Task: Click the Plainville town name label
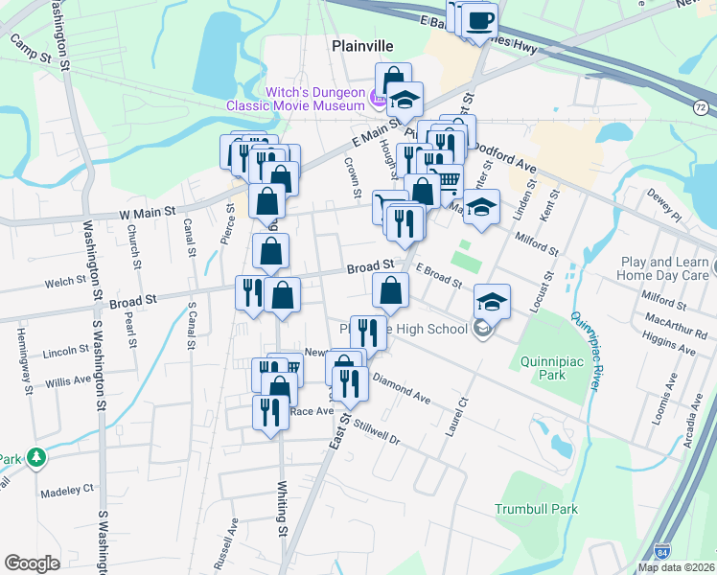363,45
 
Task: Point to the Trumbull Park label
537,509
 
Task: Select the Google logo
32,563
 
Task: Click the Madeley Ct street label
68,489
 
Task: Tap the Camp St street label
30,50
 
